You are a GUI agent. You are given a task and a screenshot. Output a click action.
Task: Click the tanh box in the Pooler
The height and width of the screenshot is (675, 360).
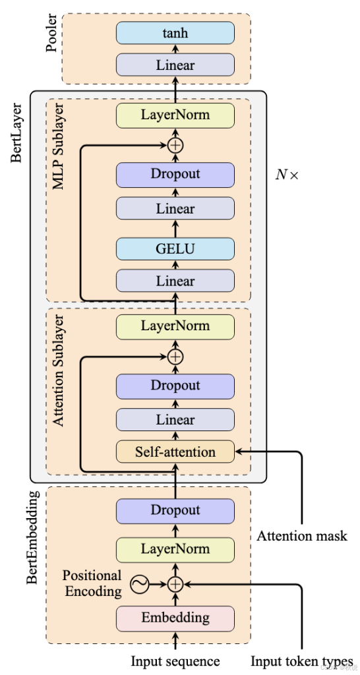[175, 32]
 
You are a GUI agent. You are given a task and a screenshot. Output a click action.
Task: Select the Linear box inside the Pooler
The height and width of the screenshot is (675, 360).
[175, 65]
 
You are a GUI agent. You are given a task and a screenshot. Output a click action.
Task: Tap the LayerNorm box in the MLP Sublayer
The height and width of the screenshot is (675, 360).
[175, 115]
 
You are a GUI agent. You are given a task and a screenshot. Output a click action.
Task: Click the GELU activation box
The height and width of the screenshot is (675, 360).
[175, 249]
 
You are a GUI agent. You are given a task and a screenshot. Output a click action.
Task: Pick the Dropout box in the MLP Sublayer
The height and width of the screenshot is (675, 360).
[175, 175]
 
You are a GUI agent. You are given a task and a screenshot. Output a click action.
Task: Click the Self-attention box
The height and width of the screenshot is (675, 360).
[175, 452]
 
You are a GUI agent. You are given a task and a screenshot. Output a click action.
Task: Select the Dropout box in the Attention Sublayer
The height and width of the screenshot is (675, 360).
[175, 386]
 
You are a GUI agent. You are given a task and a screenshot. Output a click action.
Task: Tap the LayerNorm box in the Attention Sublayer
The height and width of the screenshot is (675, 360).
[175, 326]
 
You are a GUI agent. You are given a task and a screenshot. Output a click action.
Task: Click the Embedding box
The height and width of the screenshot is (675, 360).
[175, 618]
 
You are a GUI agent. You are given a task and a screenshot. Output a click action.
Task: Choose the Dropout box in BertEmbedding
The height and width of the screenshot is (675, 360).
[175, 510]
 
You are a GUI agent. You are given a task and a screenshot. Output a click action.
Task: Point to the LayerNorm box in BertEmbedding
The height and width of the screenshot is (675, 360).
[175, 549]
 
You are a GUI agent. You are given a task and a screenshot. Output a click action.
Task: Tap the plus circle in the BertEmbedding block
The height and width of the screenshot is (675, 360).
[175, 584]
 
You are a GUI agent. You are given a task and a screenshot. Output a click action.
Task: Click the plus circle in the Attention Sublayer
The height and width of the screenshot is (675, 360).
[175, 357]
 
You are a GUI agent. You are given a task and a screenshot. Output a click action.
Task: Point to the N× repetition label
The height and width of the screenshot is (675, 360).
[287, 175]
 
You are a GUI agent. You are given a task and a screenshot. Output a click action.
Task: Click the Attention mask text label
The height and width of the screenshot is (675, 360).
[302, 536]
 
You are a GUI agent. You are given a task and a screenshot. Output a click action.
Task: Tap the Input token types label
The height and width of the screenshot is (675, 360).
[302, 661]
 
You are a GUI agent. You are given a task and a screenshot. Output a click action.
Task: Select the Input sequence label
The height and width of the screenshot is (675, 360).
[175, 661]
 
